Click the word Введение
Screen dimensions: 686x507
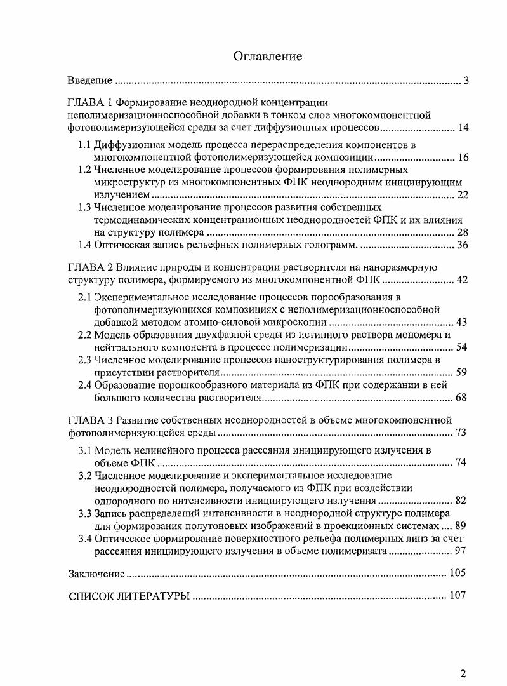(x=90, y=81)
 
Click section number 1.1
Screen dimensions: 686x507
(x=85, y=145)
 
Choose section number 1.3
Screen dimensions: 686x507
(x=85, y=207)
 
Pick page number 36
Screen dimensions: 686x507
(x=462, y=245)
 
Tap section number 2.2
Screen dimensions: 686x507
(x=85, y=334)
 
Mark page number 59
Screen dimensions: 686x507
(x=462, y=372)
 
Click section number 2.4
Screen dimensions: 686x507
(x=85, y=384)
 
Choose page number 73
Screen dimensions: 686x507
(x=462, y=433)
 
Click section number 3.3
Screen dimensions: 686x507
(x=85, y=513)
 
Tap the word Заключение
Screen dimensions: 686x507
(x=96, y=574)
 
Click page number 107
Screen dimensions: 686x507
(x=458, y=595)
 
